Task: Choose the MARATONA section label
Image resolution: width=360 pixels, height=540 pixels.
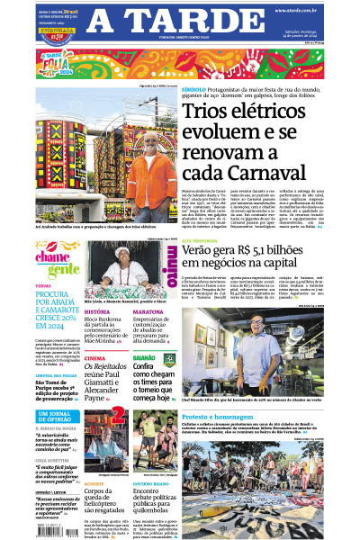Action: [x=148, y=311]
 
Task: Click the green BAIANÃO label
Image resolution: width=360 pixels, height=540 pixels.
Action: [x=143, y=356]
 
